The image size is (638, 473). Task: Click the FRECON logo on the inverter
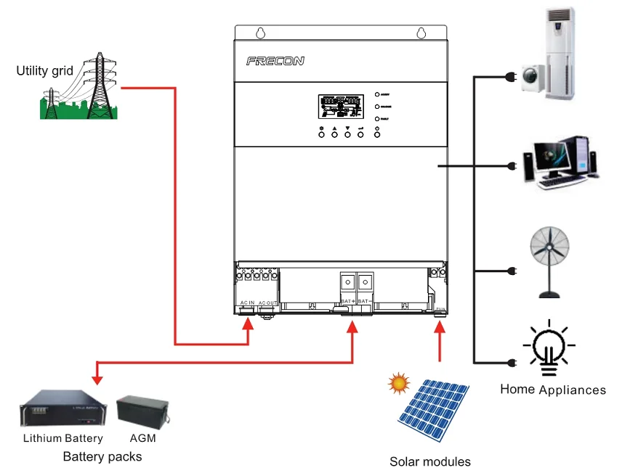tap(275, 62)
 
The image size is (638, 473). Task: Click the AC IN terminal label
tap(247, 302)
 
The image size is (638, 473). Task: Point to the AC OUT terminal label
tap(267, 302)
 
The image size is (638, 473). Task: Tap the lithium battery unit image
tap(62, 410)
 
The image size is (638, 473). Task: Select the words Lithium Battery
tap(62, 438)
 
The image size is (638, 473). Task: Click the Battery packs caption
tap(102, 457)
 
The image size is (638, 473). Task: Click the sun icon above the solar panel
tap(399, 382)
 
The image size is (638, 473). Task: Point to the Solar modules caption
tap(430, 462)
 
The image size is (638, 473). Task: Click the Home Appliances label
tap(553, 390)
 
